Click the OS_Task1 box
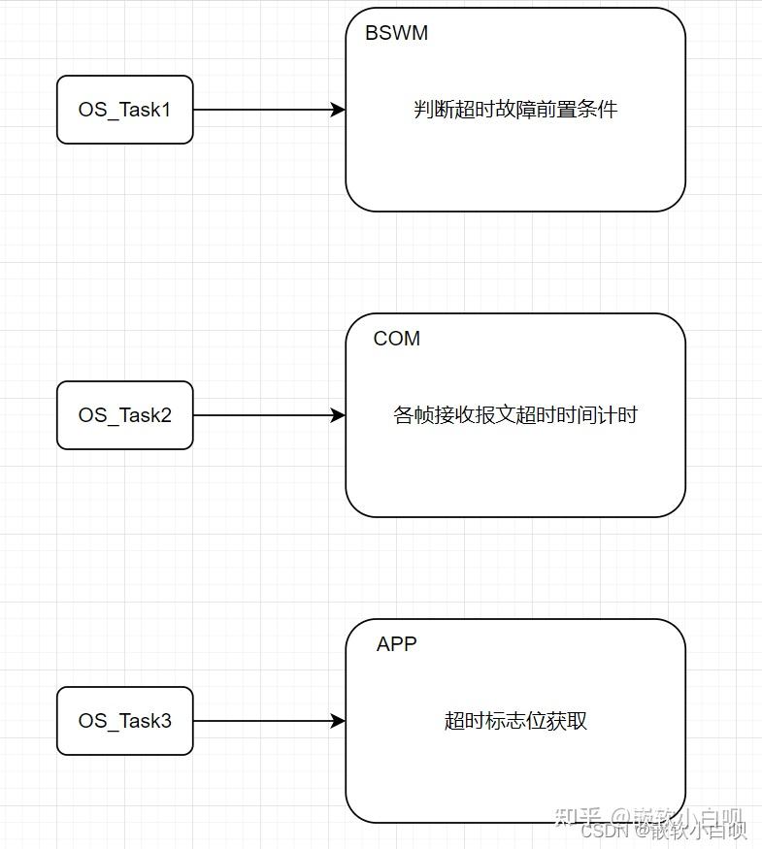tap(124, 110)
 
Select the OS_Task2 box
tap(124, 415)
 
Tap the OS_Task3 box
tap(124, 721)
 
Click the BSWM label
tap(396, 33)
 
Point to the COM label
tap(397, 339)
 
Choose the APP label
tap(397, 644)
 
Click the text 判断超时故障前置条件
tap(515, 110)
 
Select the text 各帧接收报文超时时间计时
tap(515, 415)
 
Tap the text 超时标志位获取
tap(515, 721)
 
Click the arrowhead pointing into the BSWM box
tap(339, 110)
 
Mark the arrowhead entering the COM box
tap(339, 415)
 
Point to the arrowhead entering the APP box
tap(339, 721)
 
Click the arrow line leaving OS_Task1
tap(262, 110)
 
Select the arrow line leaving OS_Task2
tap(262, 415)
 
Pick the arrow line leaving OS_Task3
tap(262, 721)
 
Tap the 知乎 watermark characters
tap(577, 817)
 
